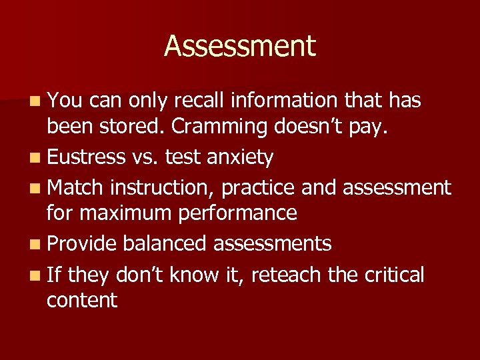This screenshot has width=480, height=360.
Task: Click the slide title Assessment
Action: [x=240, y=46]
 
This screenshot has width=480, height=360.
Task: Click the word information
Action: [x=283, y=100]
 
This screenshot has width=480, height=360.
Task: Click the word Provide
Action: [x=82, y=243]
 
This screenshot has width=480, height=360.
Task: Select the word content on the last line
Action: [x=82, y=300]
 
